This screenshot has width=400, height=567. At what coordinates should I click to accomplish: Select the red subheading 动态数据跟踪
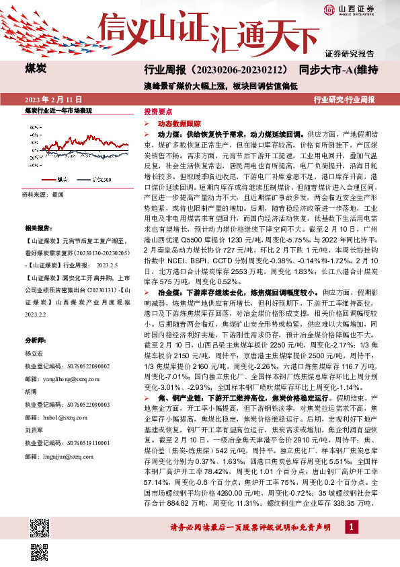click(179, 125)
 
